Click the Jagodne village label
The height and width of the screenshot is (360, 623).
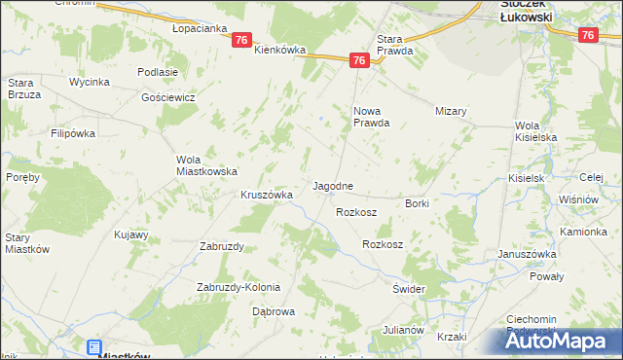[332, 185]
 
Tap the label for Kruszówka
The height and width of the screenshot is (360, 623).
[268, 195]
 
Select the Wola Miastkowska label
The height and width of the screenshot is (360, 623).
[207, 165]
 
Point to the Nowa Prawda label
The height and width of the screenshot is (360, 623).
[371, 117]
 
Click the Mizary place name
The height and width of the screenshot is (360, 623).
[452, 111]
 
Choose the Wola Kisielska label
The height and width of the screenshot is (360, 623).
[535, 131]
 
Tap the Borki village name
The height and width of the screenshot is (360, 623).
[418, 202]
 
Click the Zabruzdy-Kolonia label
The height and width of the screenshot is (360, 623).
[238, 287]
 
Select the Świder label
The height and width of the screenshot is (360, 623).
[410, 290]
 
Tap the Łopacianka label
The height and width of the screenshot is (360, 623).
[200, 29]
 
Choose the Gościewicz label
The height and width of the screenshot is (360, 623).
[168, 97]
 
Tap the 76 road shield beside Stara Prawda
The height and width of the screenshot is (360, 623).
[359, 60]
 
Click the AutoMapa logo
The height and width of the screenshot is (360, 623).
[562, 342]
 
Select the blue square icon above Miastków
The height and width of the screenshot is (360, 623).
[94, 346]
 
